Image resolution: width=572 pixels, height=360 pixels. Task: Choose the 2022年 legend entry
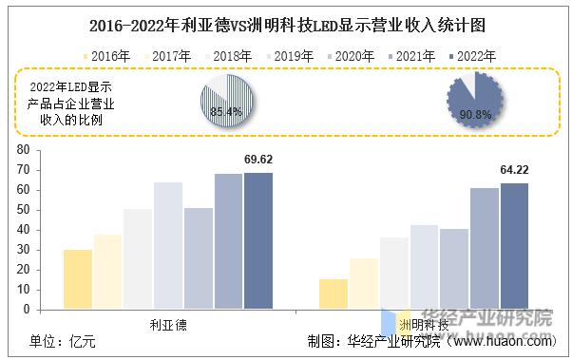pos(471,56)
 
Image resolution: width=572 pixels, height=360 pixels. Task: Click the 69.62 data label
pos(257,160)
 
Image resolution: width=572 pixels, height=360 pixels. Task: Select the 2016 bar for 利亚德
pos(78,279)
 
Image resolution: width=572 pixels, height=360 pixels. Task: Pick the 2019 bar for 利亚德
pos(168,245)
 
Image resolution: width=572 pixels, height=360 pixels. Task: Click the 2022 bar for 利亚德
pos(257,240)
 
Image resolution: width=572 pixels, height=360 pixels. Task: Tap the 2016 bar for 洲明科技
pos(334,294)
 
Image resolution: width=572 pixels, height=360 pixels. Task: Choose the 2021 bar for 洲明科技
pos(484,248)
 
